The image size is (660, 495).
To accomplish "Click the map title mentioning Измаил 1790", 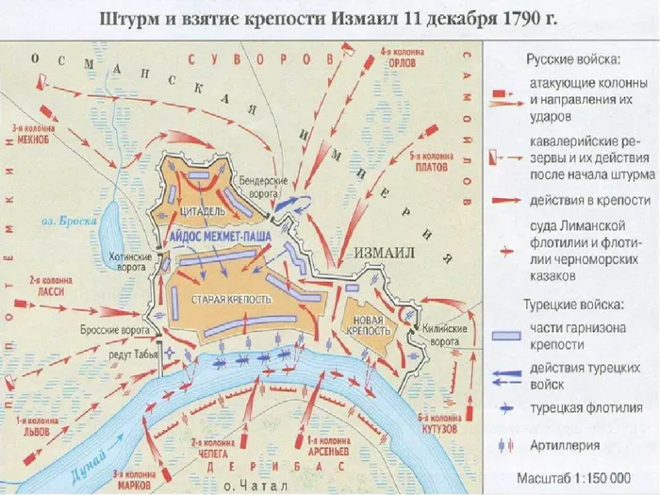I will (x=329, y=16).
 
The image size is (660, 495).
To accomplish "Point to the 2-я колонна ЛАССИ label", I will (x=52, y=287).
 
